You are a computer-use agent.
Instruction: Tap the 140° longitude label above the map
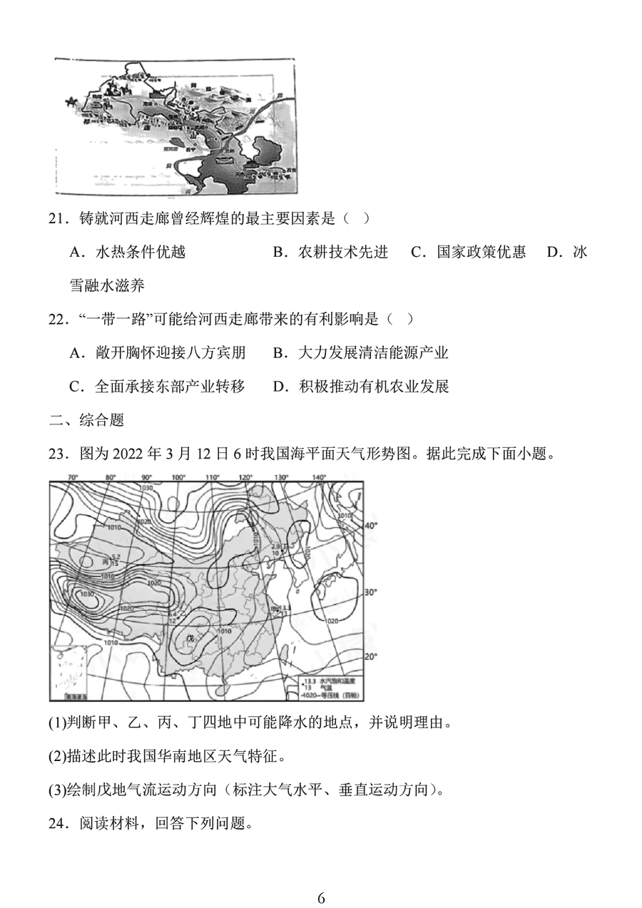point(318,477)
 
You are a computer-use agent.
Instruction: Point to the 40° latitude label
point(370,525)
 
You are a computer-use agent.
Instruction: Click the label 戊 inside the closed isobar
point(190,637)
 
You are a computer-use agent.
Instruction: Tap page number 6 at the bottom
point(321,897)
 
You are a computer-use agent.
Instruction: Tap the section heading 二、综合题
point(86,420)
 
